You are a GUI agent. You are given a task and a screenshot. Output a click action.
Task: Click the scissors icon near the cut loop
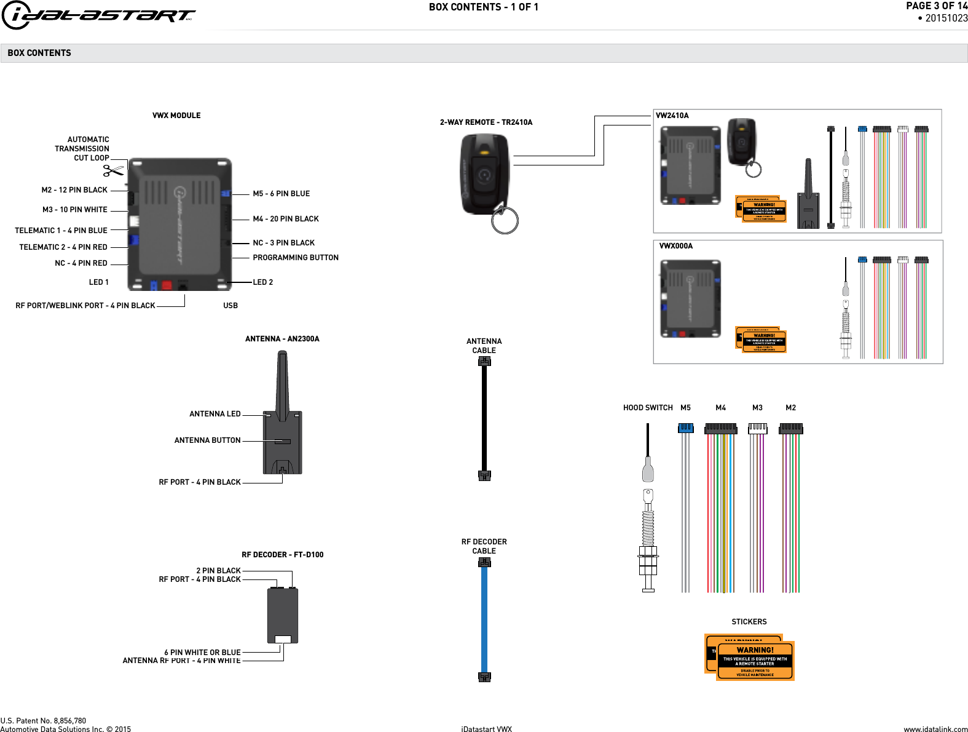point(113,170)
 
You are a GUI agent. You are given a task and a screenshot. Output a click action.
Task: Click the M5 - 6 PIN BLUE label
point(281,194)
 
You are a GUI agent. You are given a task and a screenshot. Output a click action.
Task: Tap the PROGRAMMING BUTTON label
point(295,258)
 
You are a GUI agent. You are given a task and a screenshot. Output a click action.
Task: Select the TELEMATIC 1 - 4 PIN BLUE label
point(61,231)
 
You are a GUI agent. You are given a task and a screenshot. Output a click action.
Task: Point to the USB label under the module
point(230,306)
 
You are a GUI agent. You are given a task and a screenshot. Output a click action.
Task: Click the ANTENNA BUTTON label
point(207,440)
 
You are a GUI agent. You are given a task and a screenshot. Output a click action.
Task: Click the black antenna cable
point(484,418)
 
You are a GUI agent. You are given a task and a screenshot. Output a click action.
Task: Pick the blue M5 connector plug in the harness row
point(686,428)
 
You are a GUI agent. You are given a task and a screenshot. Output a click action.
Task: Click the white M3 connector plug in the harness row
point(757,428)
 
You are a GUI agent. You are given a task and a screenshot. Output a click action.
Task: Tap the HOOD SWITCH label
point(648,408)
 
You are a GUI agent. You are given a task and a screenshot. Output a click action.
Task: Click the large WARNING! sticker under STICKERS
point(755,661)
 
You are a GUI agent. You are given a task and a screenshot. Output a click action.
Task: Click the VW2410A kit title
point(672,116)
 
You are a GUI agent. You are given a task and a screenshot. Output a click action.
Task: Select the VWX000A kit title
point(675,246)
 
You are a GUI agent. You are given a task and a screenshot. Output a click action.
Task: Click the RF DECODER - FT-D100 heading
point(282,555)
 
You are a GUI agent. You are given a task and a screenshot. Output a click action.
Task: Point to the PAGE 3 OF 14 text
point(936,6)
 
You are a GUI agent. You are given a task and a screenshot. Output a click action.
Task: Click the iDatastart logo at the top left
point(98,15)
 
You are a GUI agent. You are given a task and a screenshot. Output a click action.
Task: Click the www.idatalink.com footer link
point(935,729)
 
